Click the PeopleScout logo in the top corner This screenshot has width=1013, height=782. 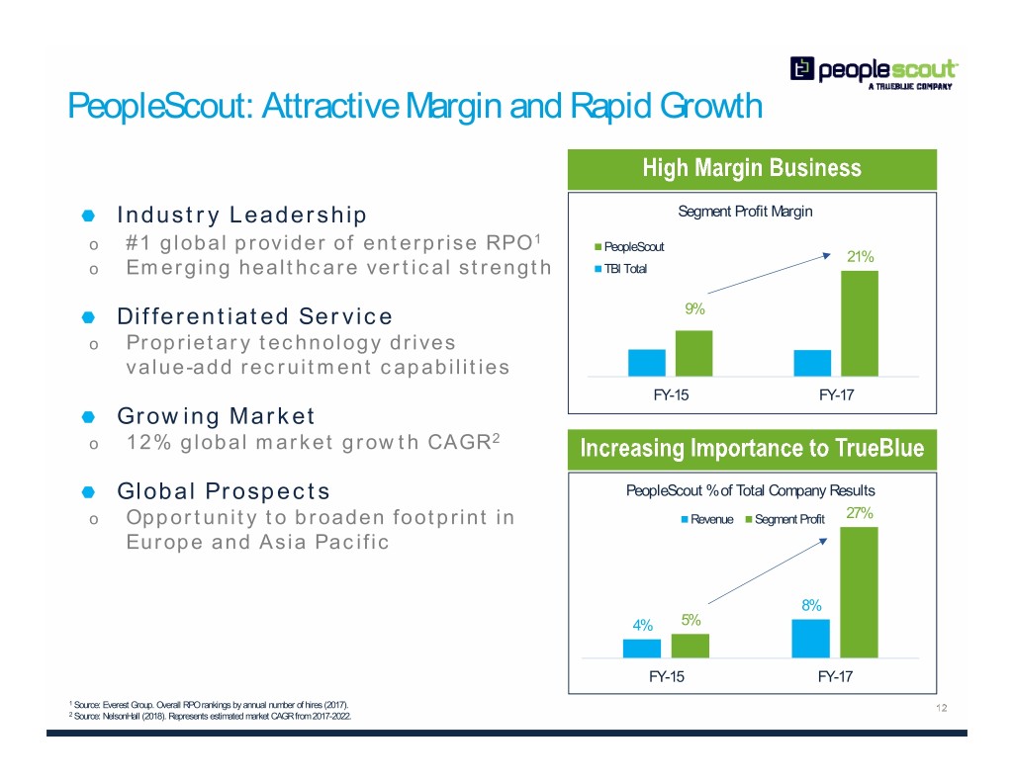click(874, 71)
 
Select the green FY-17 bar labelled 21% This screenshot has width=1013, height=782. click(860, 323)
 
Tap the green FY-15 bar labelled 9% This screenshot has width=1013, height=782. click(693, 353)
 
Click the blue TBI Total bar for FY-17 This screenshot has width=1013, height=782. click(812, 363)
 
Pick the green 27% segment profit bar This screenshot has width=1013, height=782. click(859, 592)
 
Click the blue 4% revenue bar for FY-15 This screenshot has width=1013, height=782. click(642, 649)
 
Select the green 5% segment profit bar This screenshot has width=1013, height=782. click(691, 646)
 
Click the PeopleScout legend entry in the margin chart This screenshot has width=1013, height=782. click(629, 247)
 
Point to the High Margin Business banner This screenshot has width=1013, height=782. click(752, 168)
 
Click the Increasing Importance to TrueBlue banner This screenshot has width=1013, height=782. click(752, 450)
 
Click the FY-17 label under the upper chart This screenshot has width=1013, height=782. click(837, 395)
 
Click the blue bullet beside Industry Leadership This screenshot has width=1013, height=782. click(88, 216)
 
